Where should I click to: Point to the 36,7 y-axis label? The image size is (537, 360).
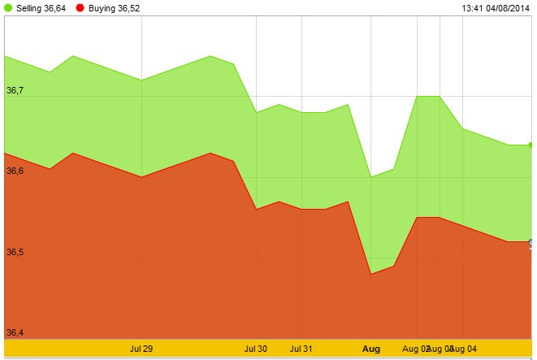point(15,90)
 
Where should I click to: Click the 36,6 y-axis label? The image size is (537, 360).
point(15,171)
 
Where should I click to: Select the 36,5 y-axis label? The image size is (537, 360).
point(15,252)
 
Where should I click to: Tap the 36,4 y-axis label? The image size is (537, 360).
point(15,332)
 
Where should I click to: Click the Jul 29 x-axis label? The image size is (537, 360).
point(141,349)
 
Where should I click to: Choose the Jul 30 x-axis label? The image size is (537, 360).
point(256,349)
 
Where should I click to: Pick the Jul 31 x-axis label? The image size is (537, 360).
point(301,349)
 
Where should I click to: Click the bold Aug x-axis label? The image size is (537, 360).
point(370,349)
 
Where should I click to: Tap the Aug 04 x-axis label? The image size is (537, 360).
point(464,349)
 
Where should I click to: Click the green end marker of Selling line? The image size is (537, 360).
point(531,145)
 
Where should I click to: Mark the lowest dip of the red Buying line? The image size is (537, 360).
point(370,274)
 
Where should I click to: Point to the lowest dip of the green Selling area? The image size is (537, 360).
point(370,176)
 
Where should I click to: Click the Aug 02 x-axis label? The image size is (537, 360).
point(414,349)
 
